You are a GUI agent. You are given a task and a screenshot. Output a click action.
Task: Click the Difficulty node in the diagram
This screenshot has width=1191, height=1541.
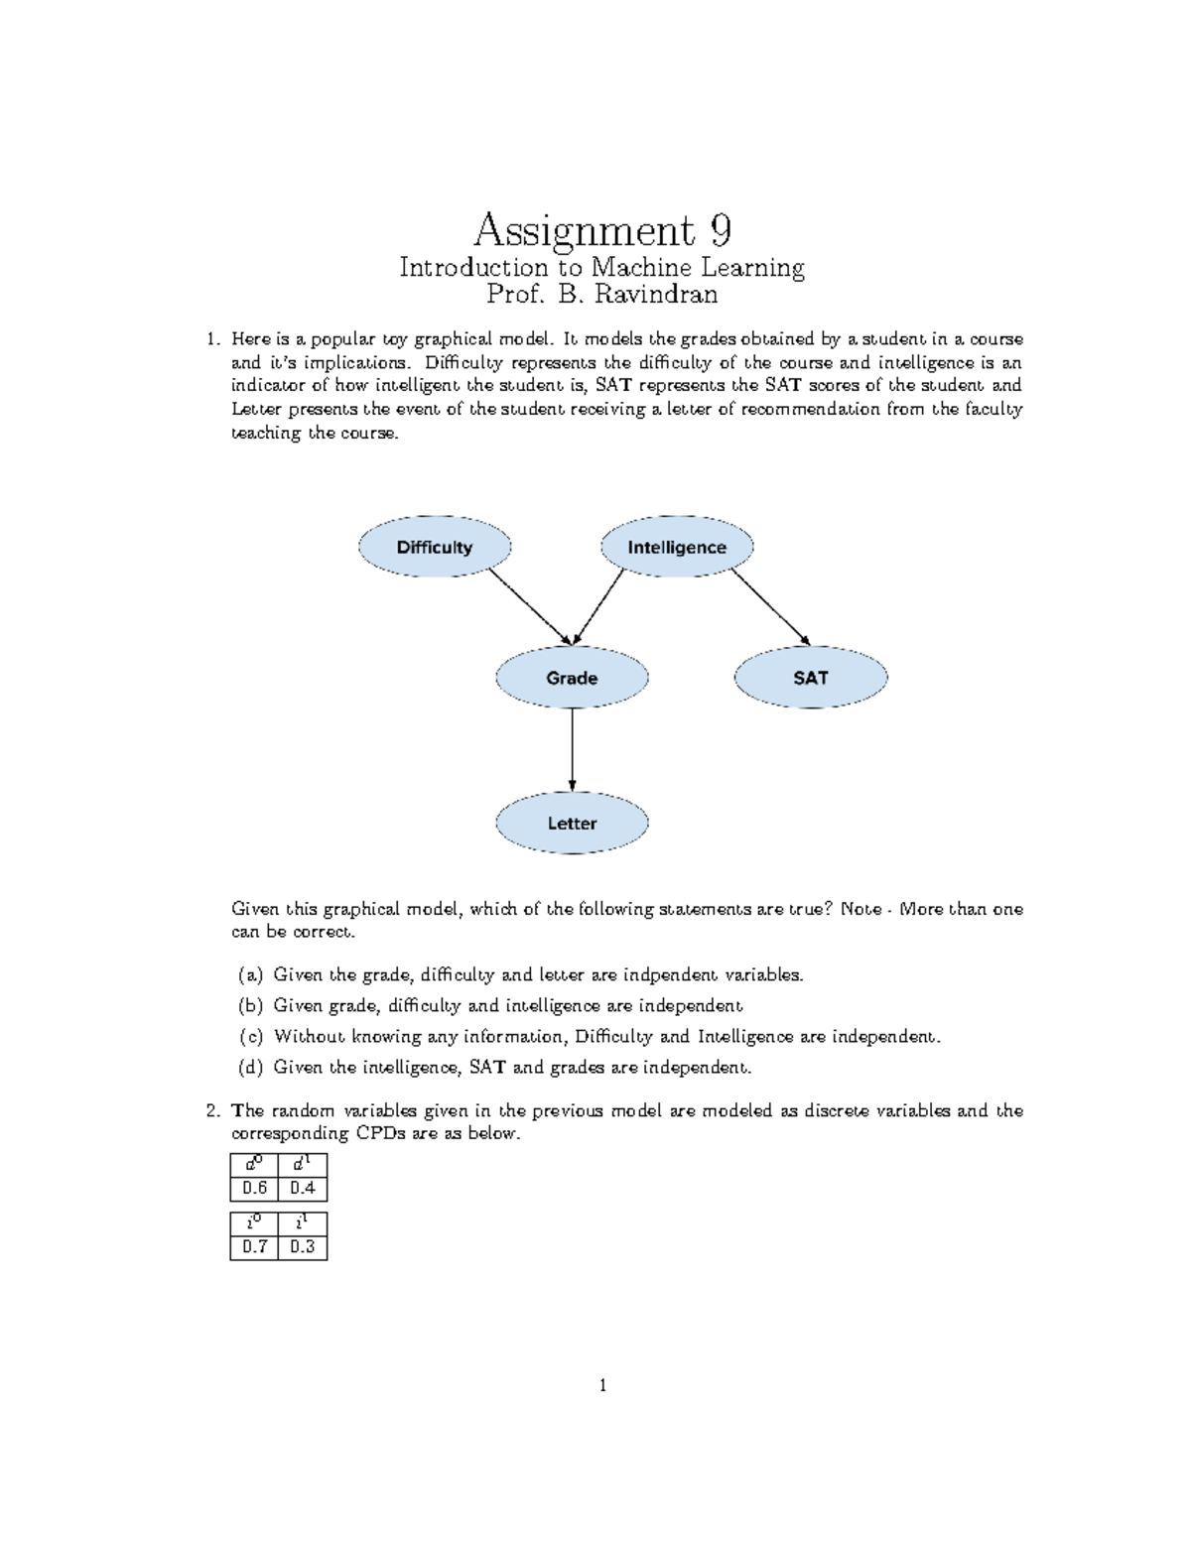point(435,547)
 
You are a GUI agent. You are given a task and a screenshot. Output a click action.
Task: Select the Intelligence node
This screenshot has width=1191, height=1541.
point(677,547)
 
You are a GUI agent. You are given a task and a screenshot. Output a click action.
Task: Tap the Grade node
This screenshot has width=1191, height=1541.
point(572,678)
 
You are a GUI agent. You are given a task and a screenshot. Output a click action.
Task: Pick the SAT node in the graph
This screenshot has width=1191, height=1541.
point(810,678)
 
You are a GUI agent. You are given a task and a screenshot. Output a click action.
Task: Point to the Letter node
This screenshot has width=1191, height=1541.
point(572,823)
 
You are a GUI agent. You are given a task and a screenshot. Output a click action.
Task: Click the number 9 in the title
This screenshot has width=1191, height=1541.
point(721,231)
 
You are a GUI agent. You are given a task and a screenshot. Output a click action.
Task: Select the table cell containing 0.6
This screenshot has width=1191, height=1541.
point(255,1188)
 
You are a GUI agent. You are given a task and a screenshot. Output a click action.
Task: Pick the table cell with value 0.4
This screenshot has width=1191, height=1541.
point(303,1188)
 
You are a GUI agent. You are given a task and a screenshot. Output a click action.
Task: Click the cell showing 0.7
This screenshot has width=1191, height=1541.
point(255,1247)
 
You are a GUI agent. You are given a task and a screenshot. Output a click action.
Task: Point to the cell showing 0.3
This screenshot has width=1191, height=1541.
point(303,1247)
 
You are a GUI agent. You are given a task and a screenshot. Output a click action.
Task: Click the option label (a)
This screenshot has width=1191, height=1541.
point(250,974)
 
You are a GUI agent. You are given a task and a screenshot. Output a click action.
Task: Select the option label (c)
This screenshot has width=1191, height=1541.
point(250,1037)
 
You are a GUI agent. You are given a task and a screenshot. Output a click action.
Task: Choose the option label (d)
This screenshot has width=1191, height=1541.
point(250,1068)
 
